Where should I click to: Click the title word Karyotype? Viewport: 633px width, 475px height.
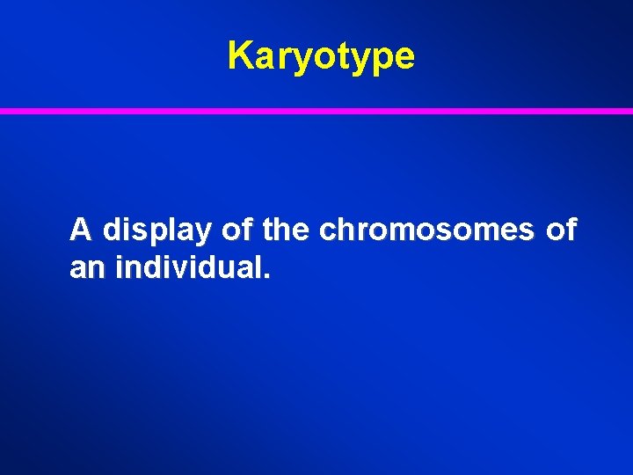pos(320,56)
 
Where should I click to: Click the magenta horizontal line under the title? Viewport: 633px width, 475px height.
pos(316,112)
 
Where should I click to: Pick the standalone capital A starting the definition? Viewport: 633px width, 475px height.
pos(81,230)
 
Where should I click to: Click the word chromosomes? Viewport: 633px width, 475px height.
pos(426,230)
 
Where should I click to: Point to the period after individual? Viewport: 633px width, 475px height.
pos(266,276)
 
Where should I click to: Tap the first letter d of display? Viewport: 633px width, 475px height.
pos(111,230)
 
